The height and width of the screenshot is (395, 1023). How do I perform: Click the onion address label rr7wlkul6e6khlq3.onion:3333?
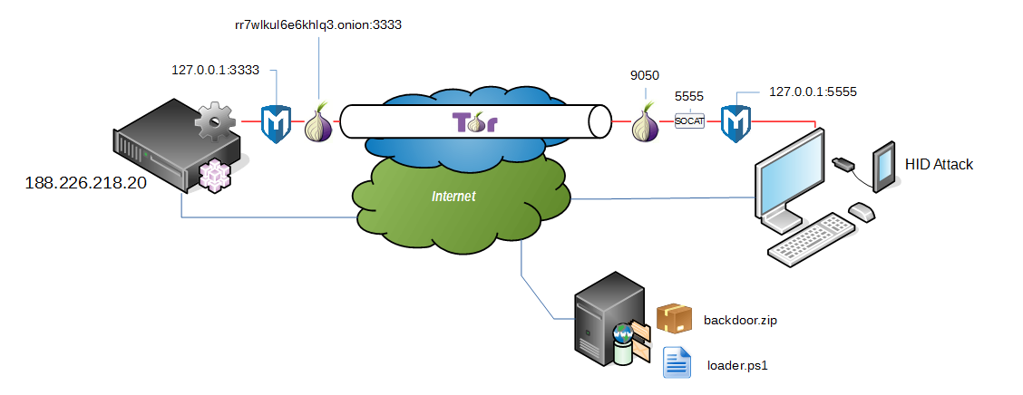[317, 25]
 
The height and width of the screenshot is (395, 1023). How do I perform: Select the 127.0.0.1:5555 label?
[813, 92]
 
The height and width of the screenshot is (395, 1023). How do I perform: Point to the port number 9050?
[644, 77]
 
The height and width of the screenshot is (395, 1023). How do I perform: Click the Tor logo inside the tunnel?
[474, 122]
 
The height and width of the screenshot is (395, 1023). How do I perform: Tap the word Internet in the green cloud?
[453, 196]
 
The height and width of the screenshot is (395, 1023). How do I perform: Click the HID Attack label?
[939, 164]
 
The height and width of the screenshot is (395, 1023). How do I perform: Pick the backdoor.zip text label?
[741, 320]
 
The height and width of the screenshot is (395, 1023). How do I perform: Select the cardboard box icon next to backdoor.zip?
[674, 318]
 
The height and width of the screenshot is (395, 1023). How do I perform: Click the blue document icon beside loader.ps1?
[677, 362]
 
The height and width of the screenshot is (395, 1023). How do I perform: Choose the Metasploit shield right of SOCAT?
[736, 123]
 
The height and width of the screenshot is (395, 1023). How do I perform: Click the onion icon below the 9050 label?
[645, 122]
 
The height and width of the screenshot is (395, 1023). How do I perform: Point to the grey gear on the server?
[216, 120]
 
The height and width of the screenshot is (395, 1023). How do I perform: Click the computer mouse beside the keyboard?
[861, 211]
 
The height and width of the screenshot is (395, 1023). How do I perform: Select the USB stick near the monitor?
[842, 164]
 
